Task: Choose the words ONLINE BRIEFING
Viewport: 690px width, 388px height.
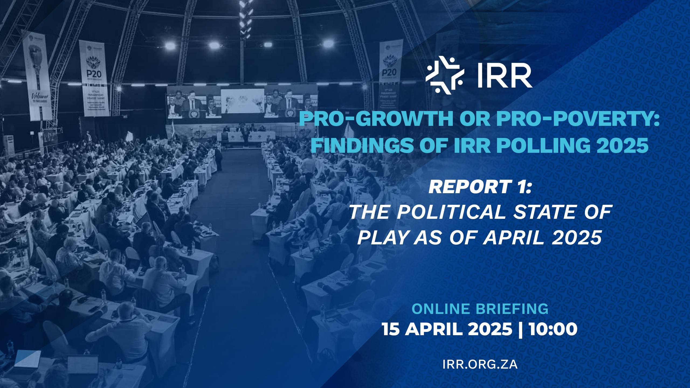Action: [x=480, y=309]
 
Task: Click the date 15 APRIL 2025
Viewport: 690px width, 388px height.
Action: [x=447, y=329]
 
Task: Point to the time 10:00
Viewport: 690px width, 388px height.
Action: [x=553, y=329]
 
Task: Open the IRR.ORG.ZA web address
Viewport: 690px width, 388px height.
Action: [x=480, y=364]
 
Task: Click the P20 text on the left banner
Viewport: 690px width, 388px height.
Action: [x=94, y=74]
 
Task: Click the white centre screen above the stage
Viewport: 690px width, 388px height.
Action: [x=242, y=101]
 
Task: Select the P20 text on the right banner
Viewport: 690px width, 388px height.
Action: [x=389, y=72]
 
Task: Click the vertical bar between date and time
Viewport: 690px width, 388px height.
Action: [x=520, y=330]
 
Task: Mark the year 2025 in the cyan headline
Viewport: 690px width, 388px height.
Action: [x=623, y=145]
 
